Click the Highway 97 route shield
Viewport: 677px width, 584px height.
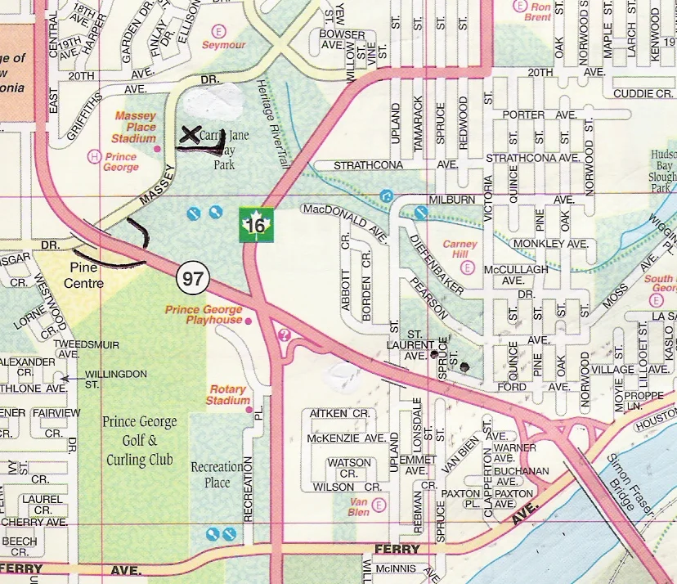(x=193, y=279)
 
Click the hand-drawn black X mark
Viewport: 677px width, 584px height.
(x=191, y=135)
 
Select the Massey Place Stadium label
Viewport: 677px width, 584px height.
(x=135, y=128)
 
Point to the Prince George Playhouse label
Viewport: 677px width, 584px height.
(x=204, y=315)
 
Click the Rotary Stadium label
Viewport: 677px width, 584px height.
(x=228, y=395)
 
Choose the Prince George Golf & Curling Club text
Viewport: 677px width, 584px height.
(x=139, y=441)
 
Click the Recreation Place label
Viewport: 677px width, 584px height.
(x=217, y=474)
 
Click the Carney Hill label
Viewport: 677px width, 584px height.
(x=460, y=249)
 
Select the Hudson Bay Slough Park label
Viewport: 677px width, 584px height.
(x=663, y=171)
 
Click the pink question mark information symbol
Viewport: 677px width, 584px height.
(x=285, y=334)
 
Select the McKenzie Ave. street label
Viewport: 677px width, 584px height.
(x=347, y=438)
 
